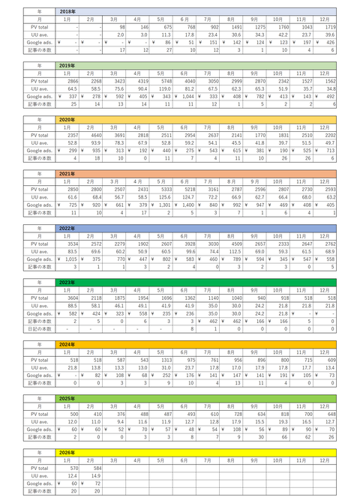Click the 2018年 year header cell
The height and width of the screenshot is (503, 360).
pyautogui.click(x=67, y=12)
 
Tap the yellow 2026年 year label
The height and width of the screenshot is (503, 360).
pyautogui.click(x=67, y=452)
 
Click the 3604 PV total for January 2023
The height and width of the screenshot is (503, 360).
pyautogui.click(x=68, y=297)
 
